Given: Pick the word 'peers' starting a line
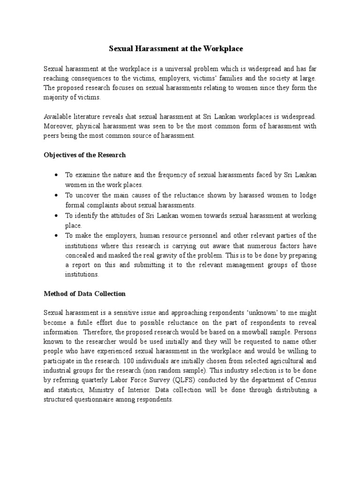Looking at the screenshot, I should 52,135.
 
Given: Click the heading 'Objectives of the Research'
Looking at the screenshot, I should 85,155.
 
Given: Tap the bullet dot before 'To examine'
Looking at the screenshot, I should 56,175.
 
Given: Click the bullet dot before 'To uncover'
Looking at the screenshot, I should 56,195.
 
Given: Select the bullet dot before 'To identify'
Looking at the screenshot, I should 56,216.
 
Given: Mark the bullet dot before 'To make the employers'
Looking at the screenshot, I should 56,235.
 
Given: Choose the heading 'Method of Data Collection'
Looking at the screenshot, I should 84,294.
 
